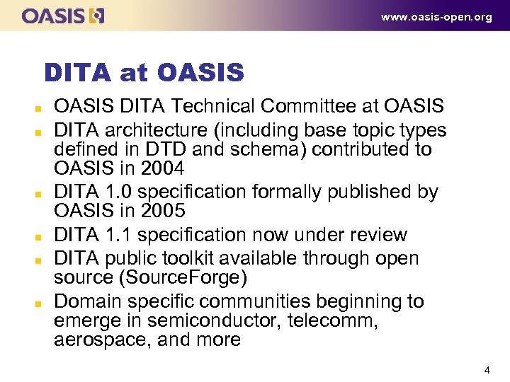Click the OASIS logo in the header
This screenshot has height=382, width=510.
click(63, 16)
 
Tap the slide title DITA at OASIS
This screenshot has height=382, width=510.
click(144, 72)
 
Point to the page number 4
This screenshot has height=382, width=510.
click(487, 370)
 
